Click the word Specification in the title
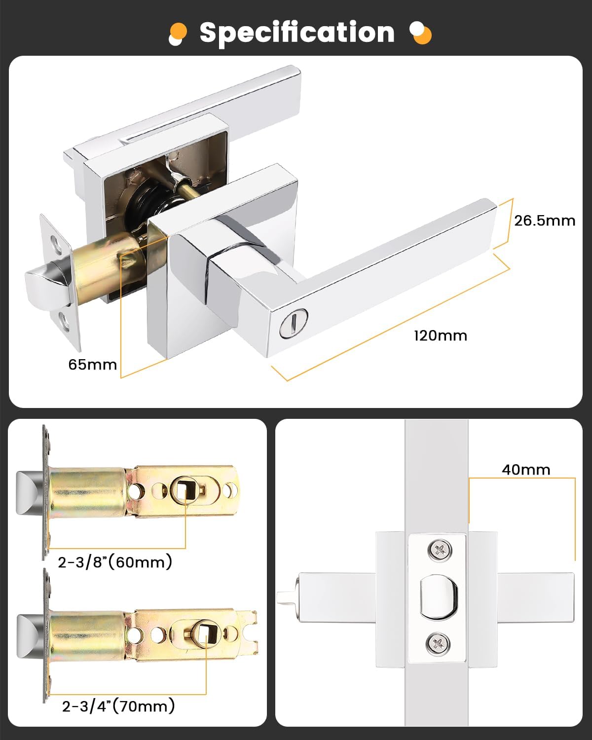coord(296,33)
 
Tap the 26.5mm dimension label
coord(544,221)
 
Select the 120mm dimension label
coord(440,335)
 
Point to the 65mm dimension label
coord(92,365)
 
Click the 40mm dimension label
coord(525,469)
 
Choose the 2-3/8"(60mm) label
coord(114,562)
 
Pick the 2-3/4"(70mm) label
coord(118,706)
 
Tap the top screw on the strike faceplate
coord(439,550)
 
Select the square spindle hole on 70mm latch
coord(203,632)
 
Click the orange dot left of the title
coord(179,31)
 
